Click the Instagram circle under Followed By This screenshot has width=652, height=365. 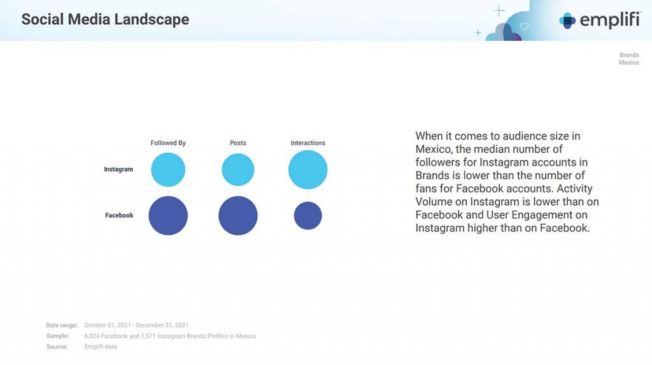[x=168, y=169]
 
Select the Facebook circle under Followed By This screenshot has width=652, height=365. [x=168, y=215]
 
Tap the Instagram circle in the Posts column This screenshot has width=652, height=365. [x=238, y=169]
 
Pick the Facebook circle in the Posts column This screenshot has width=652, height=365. [x=238, y=215]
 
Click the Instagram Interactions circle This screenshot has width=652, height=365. [x=308, y=169]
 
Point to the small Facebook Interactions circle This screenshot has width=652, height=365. [x=308, y=215]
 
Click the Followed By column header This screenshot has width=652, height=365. [x=168, y=143]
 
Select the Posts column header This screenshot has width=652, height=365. [x=238, y=143]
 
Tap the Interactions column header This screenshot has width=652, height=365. [x=308, y=143]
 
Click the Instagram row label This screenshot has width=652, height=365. [x=118, y=169]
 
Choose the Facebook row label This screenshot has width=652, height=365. [x=119, y=215]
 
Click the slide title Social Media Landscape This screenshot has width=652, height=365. [x=105, y=19]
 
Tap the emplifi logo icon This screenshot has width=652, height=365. [x=567, y=20]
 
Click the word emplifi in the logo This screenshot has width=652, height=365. [x=610, y=20]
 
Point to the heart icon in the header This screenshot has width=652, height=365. [x=525, y=26]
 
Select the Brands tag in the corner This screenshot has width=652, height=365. [x=629, y=55]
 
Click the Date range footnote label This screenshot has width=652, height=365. [x=62, y=325]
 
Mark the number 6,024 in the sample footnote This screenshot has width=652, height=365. [x=92, y=336]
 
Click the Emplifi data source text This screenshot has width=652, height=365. [x=101, y=347]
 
